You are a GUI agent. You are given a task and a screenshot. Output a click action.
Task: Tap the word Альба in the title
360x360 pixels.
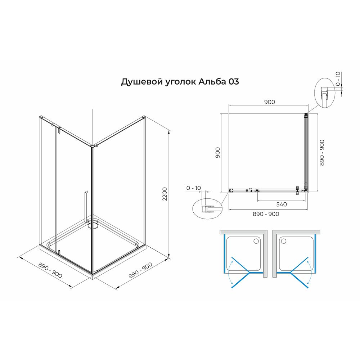pyautogui.click(x=212, y=82)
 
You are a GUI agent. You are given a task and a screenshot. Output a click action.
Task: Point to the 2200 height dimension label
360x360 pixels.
pyautogui.click(x=165, y=195)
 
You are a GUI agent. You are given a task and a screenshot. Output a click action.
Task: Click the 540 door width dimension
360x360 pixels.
pyautogui.click(x=282, y=204)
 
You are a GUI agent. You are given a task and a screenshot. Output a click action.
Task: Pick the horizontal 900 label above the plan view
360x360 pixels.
pyautogui.click(x=269, y=102)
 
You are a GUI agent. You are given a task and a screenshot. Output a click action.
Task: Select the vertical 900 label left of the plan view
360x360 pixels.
pyautogui.click(x=217, y=153)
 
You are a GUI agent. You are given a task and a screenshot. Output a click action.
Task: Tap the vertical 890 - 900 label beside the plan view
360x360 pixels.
pyautogui.click(x=322, y=153)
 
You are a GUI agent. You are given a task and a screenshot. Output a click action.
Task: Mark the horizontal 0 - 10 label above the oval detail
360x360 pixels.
pyautogui.click(x=194, y=188)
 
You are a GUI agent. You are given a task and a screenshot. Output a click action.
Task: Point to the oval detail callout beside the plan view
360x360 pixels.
pyautogui.click(x=206, y=209)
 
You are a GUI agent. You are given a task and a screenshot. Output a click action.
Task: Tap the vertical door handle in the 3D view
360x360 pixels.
pyautogui.click(x=85, y=207)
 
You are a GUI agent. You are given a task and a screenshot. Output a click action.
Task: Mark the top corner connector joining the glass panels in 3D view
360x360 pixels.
pyautogui.click(x=95, y=146)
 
